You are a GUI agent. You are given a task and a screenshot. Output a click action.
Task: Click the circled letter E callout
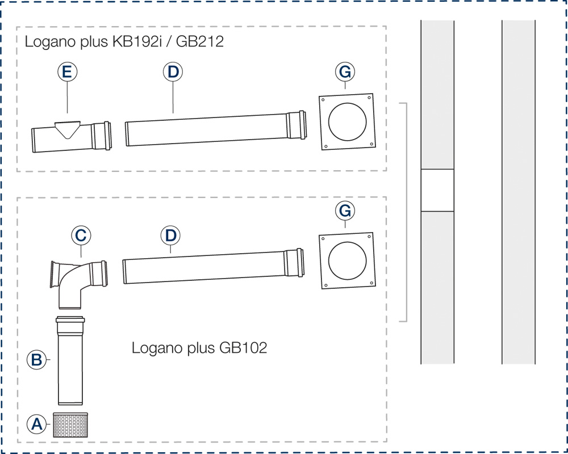pyautogui.click(x=67, y=72)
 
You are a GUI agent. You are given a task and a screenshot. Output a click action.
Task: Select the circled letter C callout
pyautogui.click(x=81, y=234)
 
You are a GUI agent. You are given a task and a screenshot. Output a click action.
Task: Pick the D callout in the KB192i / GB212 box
pyautogui.click(x=172, y=72)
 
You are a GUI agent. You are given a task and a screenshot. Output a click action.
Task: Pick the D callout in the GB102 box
pyautogui.click(x=170, y=234)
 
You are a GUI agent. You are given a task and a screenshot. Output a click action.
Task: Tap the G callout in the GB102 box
pyautogui.click(x=344, y=211)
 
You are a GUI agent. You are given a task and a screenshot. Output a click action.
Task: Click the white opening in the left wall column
pyautogui.click(x=437, y=191)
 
